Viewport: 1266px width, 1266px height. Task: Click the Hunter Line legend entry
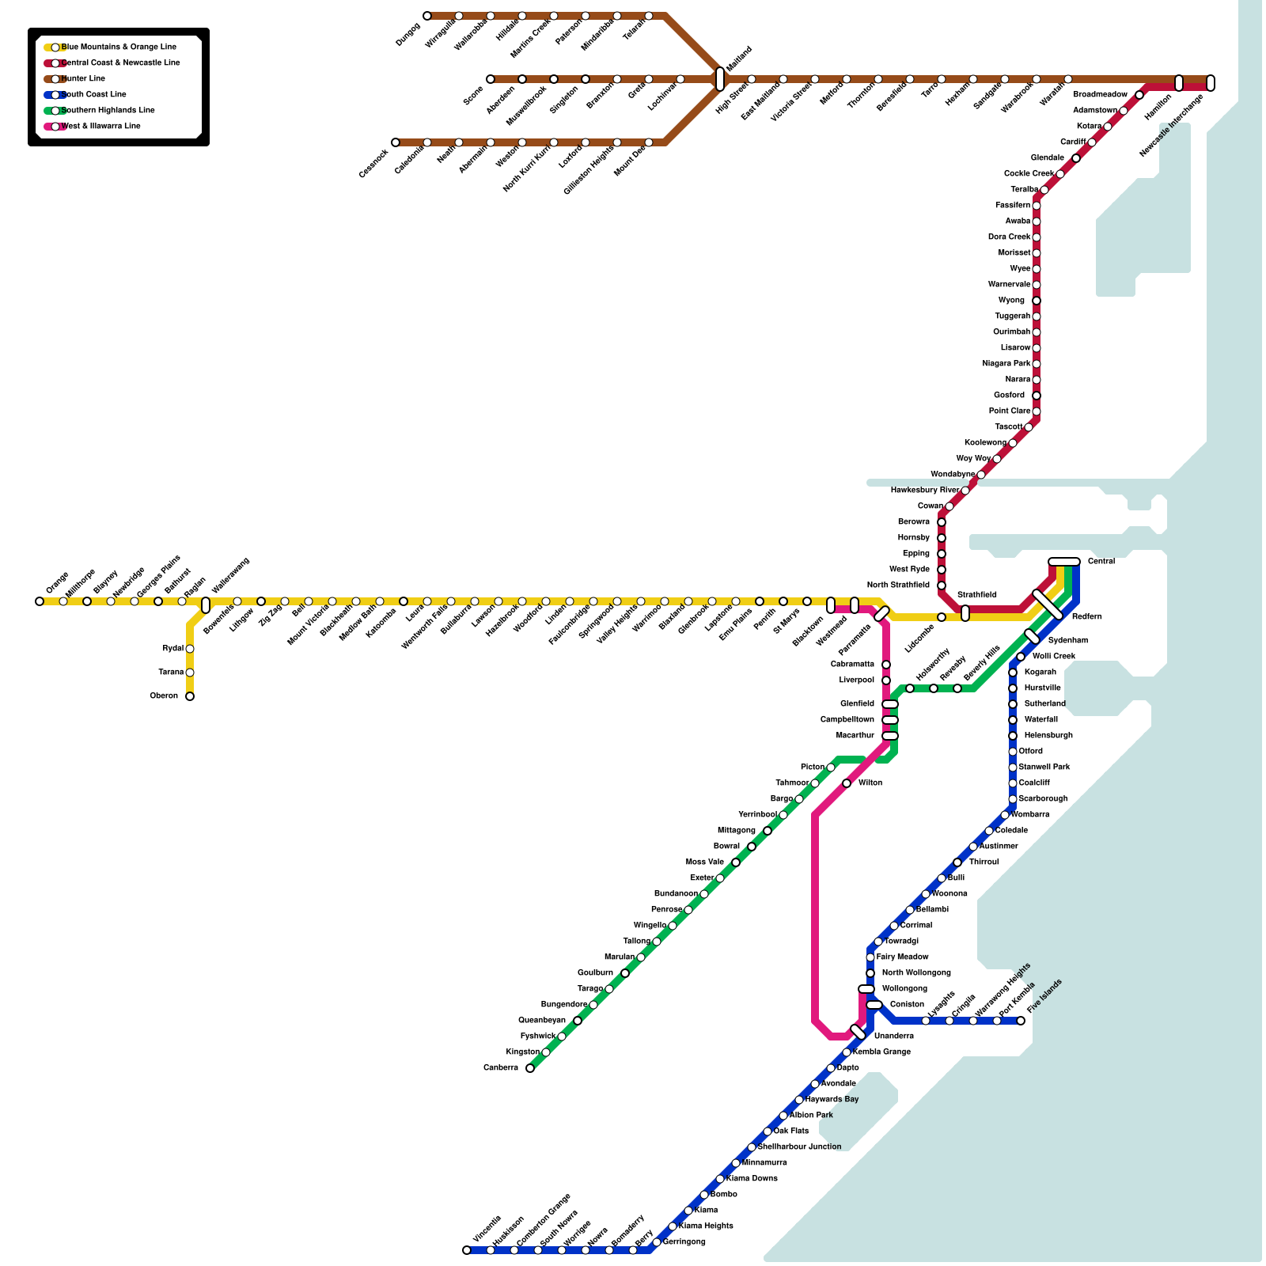click(x=83, y=79)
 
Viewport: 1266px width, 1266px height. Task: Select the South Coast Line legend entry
click(x=93, y=95)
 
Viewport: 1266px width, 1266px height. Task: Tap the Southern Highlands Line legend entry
click(x=108, y=111)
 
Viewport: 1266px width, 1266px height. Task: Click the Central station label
click(x=1101, y=562)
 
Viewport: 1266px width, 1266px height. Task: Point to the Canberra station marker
click(x=530, y=1068)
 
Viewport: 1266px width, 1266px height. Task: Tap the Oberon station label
click(x=164, y=696)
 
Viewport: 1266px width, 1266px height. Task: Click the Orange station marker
click(x=40, y=601)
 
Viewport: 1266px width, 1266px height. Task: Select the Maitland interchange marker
click(x=720, y=79)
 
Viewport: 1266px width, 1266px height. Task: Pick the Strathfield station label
click(x=977, y=594)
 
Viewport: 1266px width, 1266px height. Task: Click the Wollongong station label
click(x=904, y=989)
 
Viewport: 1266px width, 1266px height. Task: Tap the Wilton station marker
click(x=847, y=783)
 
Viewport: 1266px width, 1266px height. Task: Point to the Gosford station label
click(x=1009, y=396)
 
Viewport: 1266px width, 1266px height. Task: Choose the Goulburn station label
click(x=595, y=973)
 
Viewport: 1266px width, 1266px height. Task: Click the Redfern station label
click(x=1086, y=617)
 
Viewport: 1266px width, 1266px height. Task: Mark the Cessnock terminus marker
click(x=396, y=142)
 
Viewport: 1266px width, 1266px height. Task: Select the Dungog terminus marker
click(x=427, y=16)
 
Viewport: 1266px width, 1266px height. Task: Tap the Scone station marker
click(x=491, y=79)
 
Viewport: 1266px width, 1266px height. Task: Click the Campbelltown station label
click(x=847, y=720)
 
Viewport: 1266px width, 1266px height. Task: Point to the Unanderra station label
click(x=893, y=1037)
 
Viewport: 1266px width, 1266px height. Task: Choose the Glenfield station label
click(x=857, y=704)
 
